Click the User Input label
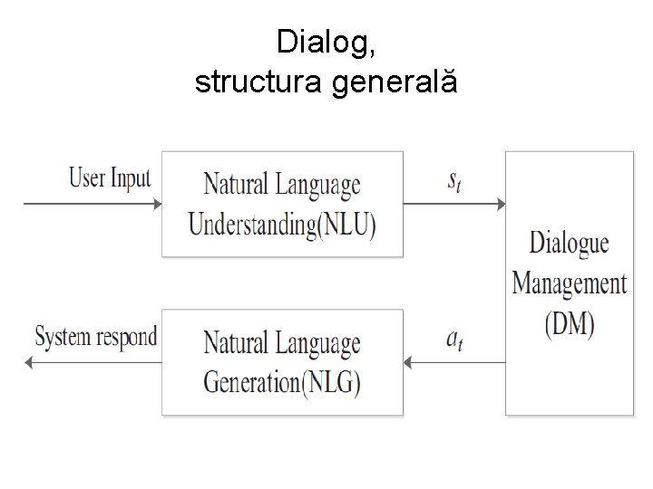110,177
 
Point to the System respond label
96,338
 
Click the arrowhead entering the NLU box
157,205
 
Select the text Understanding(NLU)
281,224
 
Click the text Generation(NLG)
281,382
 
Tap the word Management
569,284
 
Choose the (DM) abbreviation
569,324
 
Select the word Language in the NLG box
318,345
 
